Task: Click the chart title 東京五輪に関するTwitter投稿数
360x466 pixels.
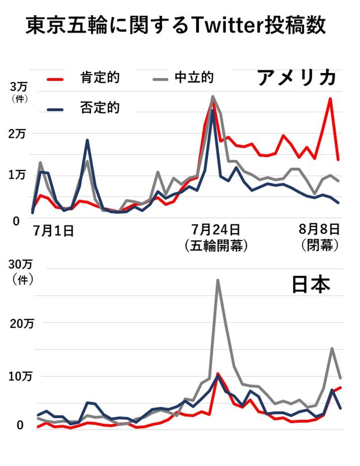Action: [x=175, y=26]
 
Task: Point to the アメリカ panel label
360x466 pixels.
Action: [x=297, y=77]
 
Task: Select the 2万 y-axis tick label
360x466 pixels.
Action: [x=19, y=134]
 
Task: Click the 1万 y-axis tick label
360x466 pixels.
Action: [x=19, y=176]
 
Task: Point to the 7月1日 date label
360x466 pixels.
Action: [x=54, y=231]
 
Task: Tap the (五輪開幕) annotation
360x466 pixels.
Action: [x=216, y=246]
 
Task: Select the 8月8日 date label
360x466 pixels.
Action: [x=319, y=230]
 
